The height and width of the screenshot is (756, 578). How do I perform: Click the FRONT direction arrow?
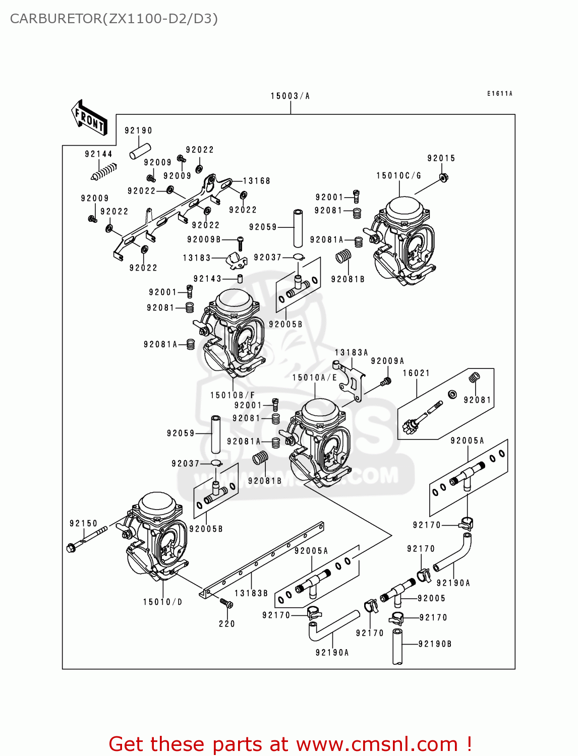point(89,117)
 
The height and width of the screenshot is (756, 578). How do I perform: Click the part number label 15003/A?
point(290,96)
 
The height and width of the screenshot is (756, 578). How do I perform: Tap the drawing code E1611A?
point(499,94)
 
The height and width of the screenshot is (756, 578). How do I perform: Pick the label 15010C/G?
point(398,175)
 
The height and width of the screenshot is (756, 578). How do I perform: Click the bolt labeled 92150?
point(86,539)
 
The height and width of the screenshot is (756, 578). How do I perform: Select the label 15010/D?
point(162,602)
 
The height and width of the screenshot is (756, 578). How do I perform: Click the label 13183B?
point(251,593)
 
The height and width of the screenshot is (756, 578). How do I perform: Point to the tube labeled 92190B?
point(397,647)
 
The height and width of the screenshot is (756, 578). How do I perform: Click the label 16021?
point(416,373)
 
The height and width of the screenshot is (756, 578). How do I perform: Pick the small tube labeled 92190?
point(140,152)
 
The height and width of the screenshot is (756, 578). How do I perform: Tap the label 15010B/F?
point(233,395)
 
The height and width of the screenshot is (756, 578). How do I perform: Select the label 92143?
point(207,279)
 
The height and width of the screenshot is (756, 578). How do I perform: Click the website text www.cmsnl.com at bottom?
point(376,744)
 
